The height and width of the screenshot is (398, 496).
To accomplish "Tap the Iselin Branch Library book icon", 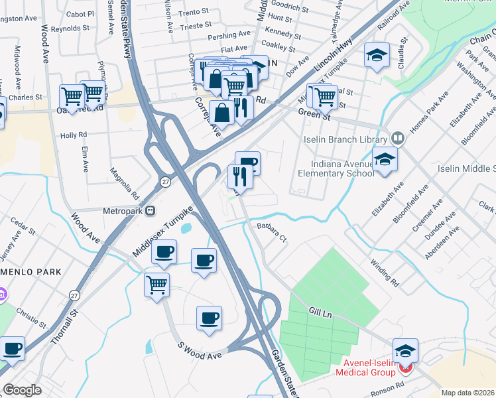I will click(x=397, y=139).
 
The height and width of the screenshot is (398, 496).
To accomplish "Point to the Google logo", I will click(x=22, y=389).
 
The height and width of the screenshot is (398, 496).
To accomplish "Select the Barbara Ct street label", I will click(x=271, y=233).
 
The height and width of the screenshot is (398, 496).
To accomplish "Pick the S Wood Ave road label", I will click(x=200, y=351).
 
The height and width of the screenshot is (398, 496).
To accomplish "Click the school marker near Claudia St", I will click(x=377, y=58).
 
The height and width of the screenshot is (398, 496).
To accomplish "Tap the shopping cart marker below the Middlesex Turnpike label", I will click(x=157, y=285).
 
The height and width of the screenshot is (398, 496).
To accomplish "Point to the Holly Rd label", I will click(x=74, y=135).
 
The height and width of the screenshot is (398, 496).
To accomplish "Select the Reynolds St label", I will click(x=70, y=29).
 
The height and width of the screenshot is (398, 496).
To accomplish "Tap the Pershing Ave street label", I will click(x=229, y=33).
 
